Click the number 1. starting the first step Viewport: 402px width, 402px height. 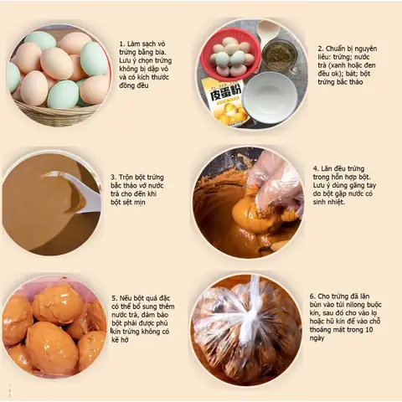[x=122, y=44]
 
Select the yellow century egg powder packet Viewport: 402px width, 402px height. [x=225, y=102]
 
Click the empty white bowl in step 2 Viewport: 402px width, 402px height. [x=271, y=97]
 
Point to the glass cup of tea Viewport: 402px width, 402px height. [x=280, y=57]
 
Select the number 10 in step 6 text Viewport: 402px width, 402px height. [x=368, y=330]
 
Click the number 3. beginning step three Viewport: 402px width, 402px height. [x=113, y=178]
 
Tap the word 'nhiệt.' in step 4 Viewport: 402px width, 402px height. [x=336, y=202]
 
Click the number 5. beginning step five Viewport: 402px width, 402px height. [x=115, y=298]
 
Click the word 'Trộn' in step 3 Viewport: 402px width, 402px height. [x=126, y=178]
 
